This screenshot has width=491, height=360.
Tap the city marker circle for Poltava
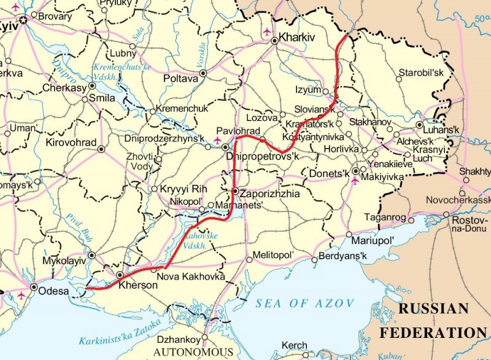coord(203,72)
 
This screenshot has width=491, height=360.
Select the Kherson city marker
coord(120,275)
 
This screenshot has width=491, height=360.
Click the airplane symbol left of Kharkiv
coord(265,31)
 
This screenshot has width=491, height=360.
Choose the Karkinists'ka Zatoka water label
coord(120,332)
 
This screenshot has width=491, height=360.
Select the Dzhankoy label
coord(184,339)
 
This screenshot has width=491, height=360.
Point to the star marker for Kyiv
coord(24,20)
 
